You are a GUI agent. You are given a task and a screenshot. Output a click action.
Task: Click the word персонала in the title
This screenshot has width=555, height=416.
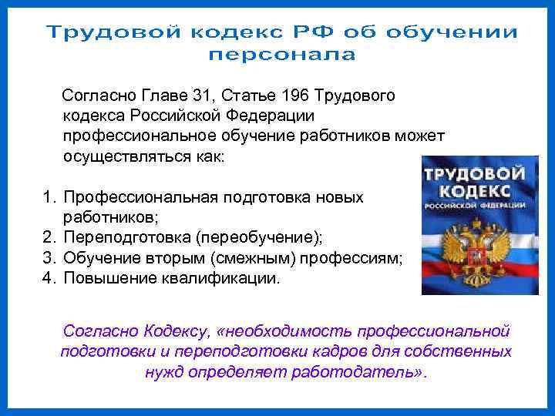(x=282, y=55)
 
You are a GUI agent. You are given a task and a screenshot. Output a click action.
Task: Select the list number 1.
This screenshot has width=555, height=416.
(x=48, y=197)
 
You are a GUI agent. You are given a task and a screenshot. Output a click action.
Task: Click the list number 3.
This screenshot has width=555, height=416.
(x=48, y=257)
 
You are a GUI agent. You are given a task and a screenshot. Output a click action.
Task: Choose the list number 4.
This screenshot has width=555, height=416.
(x=48, y=277)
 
